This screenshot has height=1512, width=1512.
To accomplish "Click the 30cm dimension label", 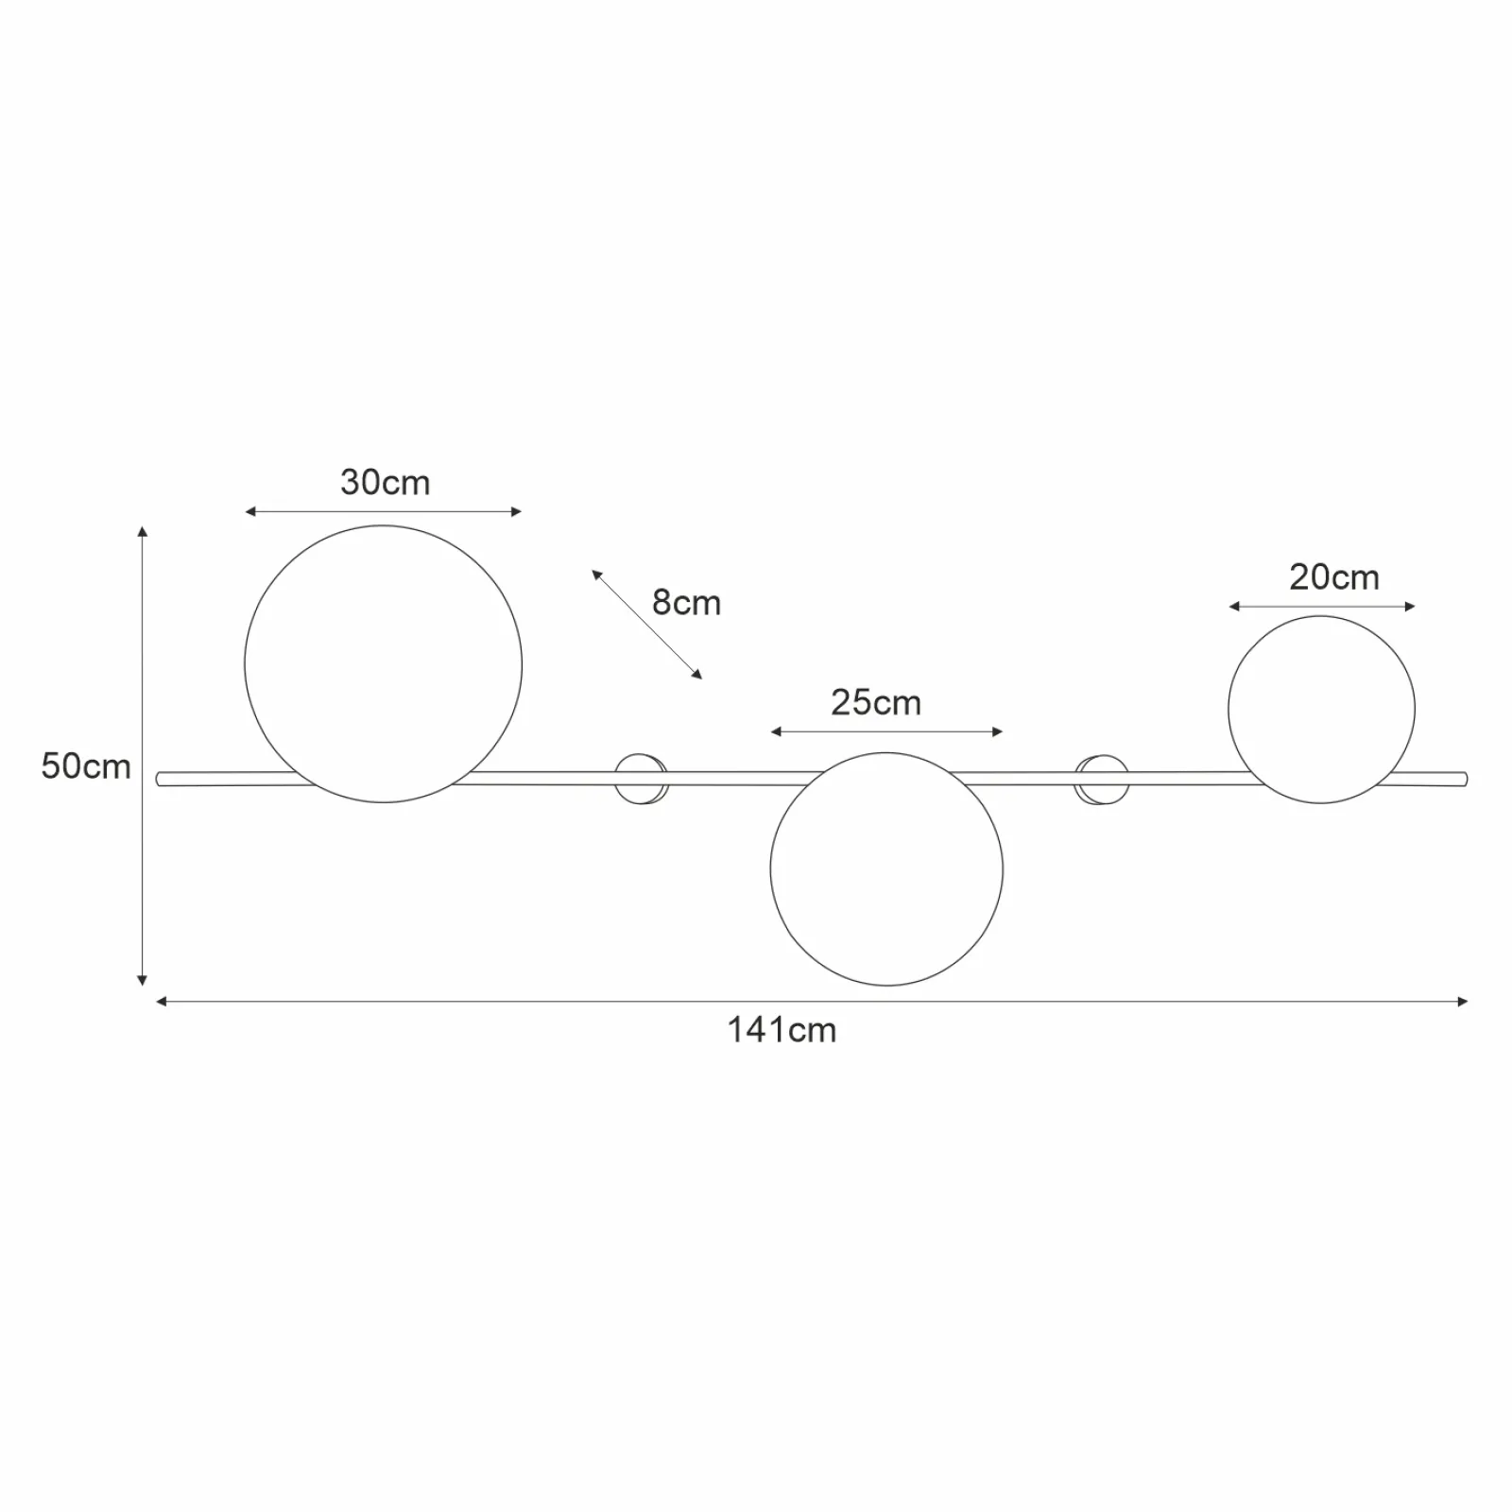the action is pos(385,483).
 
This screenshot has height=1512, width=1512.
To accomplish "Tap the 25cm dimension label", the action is pos(876,703).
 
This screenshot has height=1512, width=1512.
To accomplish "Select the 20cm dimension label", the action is pos(1334,577).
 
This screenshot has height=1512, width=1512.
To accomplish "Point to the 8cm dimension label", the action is pos(687,603).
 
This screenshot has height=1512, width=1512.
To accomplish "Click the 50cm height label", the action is pos(86,766).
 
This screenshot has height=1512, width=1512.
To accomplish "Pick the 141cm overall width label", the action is pos(782,1030).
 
